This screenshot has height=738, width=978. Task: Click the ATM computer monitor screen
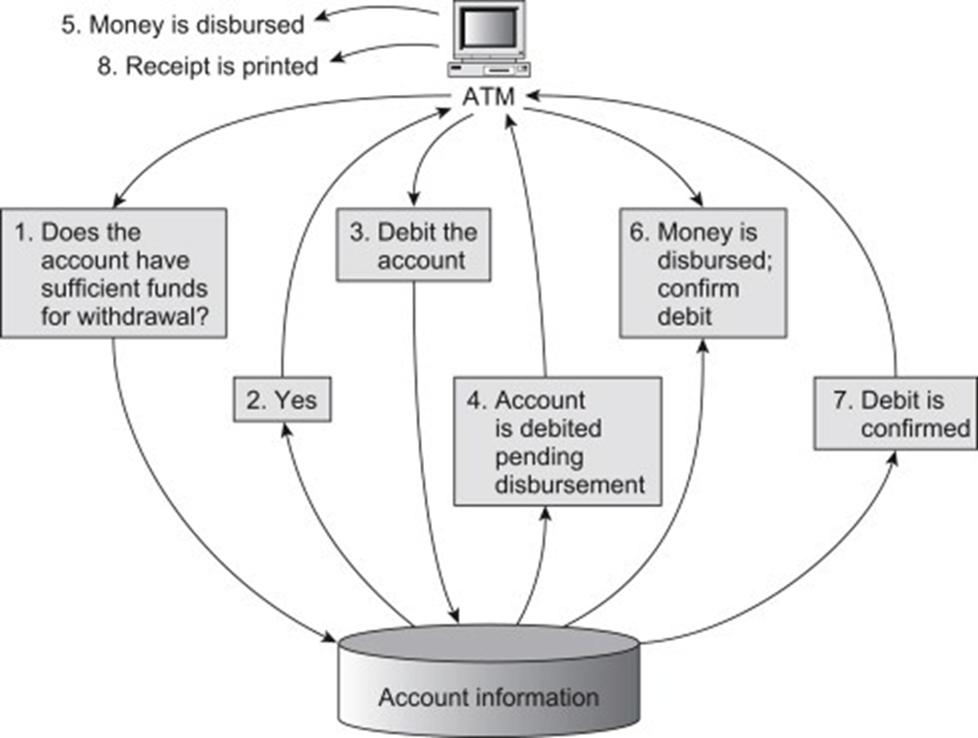pos(490,28)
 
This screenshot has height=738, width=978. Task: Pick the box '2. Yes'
pos(281,400)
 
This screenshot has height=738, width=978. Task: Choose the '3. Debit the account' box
pos(413,246)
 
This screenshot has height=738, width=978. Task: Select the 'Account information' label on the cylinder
pos(488,696)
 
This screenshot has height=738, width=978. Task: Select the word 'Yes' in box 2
pos(295,400)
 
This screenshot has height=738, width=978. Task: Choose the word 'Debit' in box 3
pos(407,233)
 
